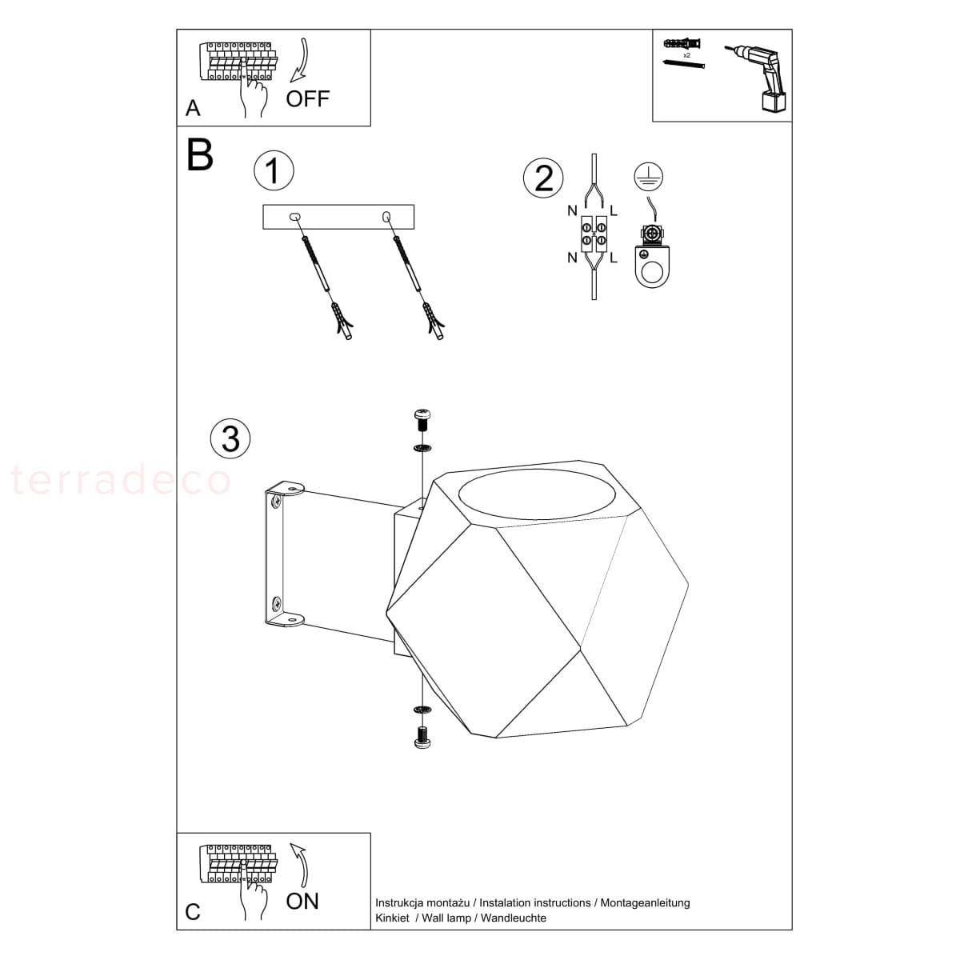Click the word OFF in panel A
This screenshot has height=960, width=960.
point(307,98)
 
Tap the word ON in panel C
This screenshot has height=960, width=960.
point(302,901)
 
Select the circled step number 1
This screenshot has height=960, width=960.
point(274,170)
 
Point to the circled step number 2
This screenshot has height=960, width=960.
point(543,178)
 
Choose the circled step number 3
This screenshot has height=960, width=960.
point(230,439)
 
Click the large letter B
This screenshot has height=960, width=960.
point(200,155)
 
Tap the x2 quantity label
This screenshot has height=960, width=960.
point(686,55)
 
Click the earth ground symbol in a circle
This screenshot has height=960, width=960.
point(649,177)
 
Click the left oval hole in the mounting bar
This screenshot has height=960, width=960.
point(294,217)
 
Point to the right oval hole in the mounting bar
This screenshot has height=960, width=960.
point(386,217)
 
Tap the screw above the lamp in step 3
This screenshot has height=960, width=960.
point(422,421)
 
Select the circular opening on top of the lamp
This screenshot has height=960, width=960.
point(537,494)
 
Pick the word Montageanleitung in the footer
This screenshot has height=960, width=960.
point(645,902)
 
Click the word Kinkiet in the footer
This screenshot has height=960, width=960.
point(392,918)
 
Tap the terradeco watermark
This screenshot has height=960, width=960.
point(121,480)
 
